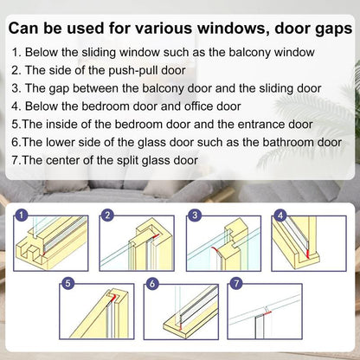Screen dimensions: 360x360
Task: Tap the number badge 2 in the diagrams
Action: (x=108, y=215)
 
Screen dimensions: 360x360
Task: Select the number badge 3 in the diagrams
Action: (x=196, y=215)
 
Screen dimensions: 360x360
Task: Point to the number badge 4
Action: (x=280, y=215)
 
